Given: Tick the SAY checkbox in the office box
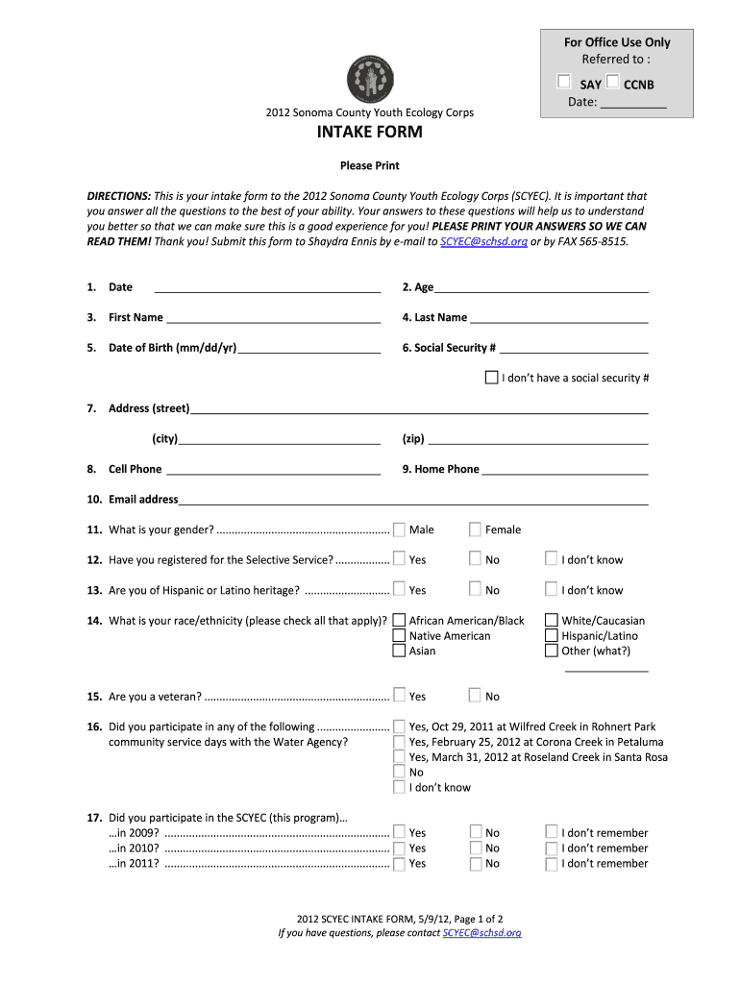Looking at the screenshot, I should tap(564, 83).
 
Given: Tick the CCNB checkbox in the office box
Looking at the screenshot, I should tap(612, 83).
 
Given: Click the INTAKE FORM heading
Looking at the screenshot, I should tap(369, 133).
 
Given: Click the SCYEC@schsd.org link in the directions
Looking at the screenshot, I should tap(483, 242).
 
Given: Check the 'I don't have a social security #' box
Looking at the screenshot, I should tap(491, 378).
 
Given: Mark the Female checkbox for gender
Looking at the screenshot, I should tap(475, 529).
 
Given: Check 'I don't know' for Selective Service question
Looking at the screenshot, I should tap(551, 559).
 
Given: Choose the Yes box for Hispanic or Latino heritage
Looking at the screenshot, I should tap(399, 590).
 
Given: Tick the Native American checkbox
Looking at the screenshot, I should tap(399, 636).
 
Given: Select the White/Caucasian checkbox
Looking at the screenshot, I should tap(551, 621).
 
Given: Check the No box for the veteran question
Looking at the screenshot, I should tap(475, 696).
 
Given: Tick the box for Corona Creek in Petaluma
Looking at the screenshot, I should tap(399, 742).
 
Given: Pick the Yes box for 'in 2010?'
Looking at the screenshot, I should tap(399, 849).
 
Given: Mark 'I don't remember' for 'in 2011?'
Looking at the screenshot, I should tap(551, 864).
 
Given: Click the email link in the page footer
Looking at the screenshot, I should tap(481, 933).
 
